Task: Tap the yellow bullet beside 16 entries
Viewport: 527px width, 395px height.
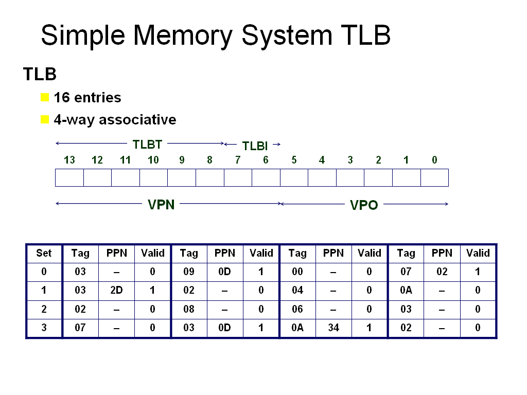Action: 45,97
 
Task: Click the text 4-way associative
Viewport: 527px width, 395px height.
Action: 115,120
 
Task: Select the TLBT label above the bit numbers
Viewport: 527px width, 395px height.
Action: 147,144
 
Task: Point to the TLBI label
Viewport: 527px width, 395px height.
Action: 255,146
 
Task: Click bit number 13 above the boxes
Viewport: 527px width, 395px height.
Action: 69,160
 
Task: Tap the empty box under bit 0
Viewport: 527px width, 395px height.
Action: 434,177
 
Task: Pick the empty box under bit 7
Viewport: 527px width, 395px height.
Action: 238,177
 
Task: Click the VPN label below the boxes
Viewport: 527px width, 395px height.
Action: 161,205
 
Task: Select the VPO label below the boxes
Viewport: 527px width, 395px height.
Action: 364,206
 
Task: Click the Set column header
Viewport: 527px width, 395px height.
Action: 44,253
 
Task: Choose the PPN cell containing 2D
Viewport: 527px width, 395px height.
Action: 116,290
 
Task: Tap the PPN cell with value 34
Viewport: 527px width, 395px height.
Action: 333,328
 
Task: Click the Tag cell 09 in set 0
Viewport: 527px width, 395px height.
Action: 189,272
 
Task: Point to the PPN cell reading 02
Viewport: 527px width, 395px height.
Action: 442,272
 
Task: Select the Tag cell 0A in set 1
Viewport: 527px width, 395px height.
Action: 406,290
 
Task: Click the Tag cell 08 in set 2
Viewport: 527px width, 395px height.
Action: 189,309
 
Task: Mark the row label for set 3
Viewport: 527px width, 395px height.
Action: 44,328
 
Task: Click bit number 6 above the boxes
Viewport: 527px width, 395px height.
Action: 266,160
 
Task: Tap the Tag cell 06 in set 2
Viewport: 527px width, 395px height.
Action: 297,309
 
